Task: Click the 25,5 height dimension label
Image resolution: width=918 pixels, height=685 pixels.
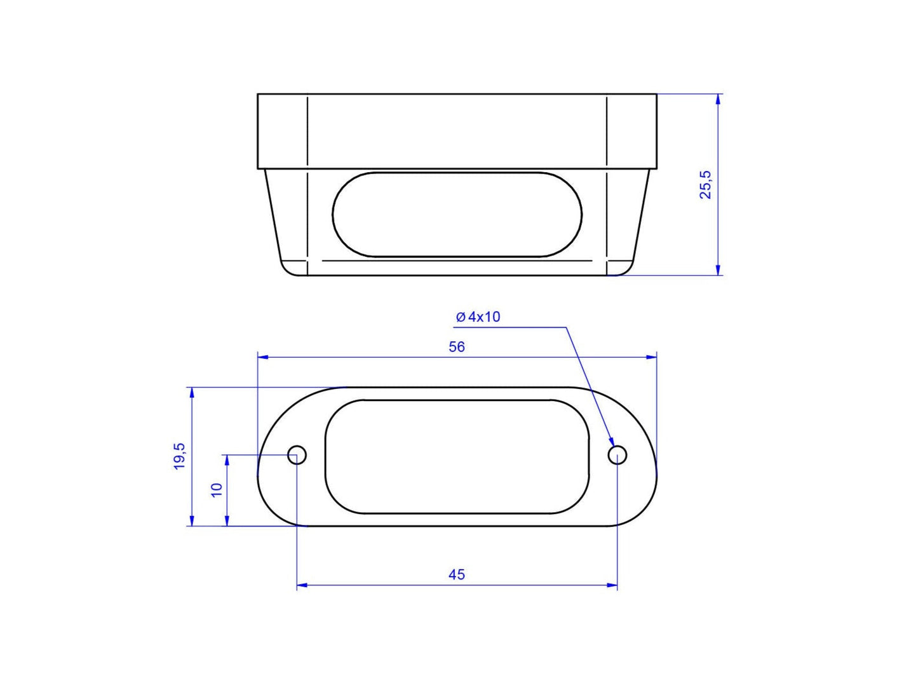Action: tap(706, 185)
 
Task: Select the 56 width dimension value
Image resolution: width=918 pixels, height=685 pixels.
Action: tap(456, 347)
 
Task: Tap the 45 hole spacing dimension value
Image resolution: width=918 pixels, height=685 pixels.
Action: tap(456, 574)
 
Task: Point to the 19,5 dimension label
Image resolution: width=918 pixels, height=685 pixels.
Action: tap(180, 456)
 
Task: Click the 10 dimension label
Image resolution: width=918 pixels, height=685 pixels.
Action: tap(217, 490)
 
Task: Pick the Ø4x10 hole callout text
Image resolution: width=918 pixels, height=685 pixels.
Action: tap(478, 316)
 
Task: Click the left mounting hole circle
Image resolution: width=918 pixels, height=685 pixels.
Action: tap(297, 455)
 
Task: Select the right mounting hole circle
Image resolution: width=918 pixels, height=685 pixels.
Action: tap(617, 455)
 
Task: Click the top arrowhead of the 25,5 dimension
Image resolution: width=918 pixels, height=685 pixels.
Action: tap(718, 99)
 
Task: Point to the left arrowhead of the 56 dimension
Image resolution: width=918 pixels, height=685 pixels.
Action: tap(262, 357)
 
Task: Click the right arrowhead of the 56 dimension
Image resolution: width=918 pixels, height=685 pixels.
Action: tap(652, 357)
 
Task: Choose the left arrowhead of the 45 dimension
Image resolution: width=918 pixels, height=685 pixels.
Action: tap(302, 585)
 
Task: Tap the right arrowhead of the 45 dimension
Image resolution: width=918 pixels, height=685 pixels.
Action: tap(612, 585)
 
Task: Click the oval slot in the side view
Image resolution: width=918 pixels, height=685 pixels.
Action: tap(457, 214)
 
